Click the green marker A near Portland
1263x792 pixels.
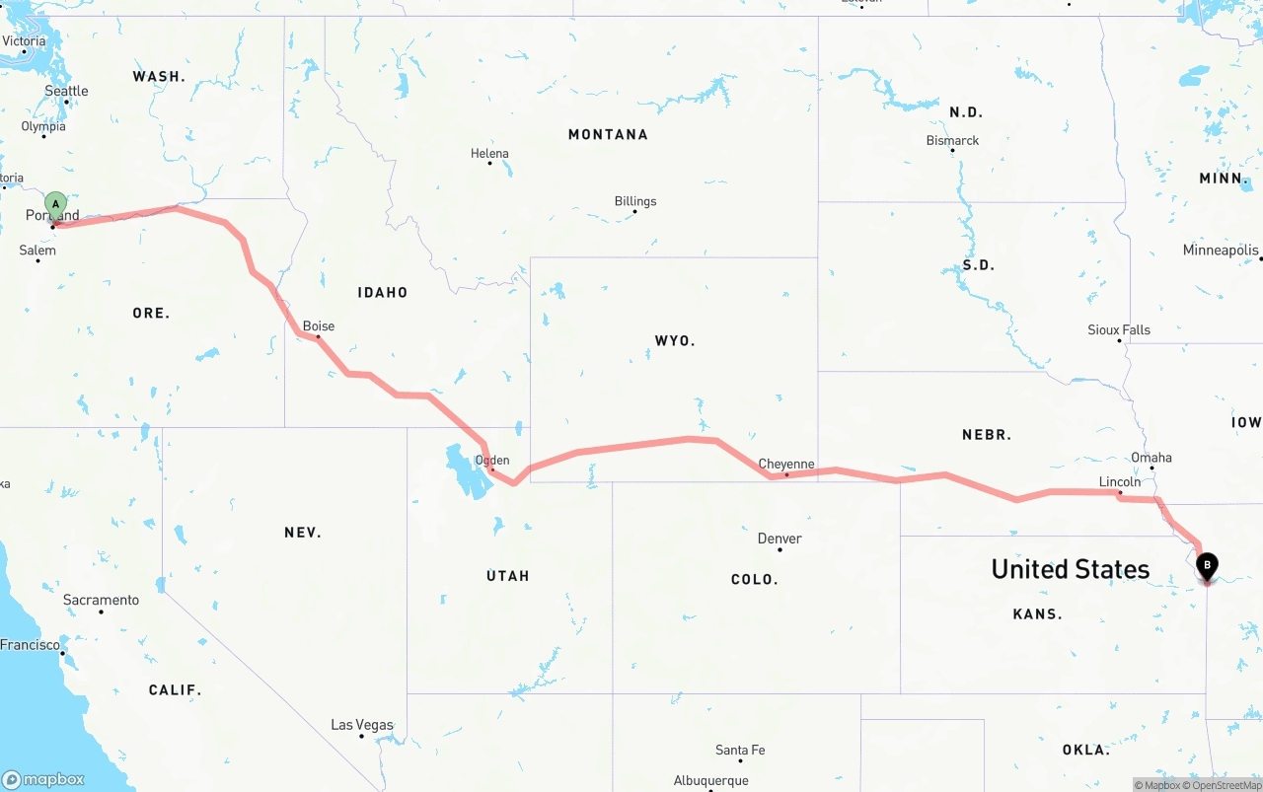[x=56, y=205]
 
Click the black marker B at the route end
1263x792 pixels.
[x=1206, y=566]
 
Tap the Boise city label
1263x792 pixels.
[x=319, y=325]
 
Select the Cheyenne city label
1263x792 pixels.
[x=786, y=464]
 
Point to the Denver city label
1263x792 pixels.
[x=780, y=539]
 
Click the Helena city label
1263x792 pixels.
[x=489, y=153]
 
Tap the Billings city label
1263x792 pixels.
[x=635, y=201]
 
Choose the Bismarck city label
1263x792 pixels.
[x=952, y=140]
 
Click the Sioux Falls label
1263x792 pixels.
[x=1119, y=329]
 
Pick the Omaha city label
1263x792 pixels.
[x=1152, y=457]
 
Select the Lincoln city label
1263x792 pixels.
[x=1120, y=481]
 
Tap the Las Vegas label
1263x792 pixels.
[x=361, y=725]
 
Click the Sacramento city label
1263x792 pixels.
[x=101, y=600]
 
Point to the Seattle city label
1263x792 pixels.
[x=66, y=91]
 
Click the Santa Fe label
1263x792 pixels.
[x=740, y=750]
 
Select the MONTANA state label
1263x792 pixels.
[x=608, y=134]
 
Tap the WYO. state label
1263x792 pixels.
[x=675, y=340]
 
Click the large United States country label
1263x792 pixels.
[x=1070, y=569]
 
